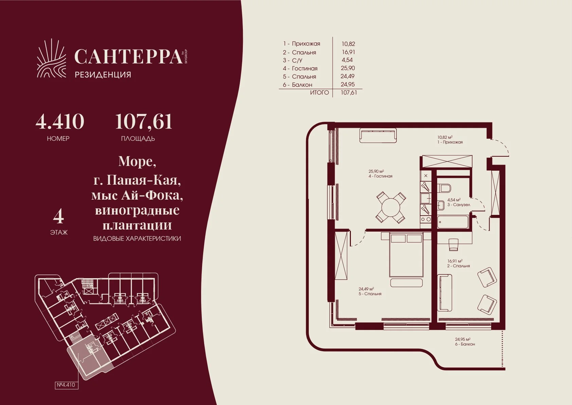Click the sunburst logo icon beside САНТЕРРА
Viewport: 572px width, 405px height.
[52, 58]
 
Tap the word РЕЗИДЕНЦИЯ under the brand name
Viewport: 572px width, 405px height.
[103, 75]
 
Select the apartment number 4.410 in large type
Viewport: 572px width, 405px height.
[60, 122]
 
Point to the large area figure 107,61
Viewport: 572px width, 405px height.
[144, 122]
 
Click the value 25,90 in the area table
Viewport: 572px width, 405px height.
[348, 68]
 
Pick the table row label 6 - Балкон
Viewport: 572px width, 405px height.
[298, 85]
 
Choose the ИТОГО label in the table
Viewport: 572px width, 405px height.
[319, 92]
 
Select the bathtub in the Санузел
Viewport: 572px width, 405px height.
[453, 222]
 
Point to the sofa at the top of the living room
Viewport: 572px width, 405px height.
[378, 135]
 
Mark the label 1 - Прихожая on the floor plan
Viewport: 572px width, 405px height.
[450, 142]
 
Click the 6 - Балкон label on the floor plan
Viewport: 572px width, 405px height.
[465, 344]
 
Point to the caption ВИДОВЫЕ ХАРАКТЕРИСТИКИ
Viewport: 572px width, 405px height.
[137, 239]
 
